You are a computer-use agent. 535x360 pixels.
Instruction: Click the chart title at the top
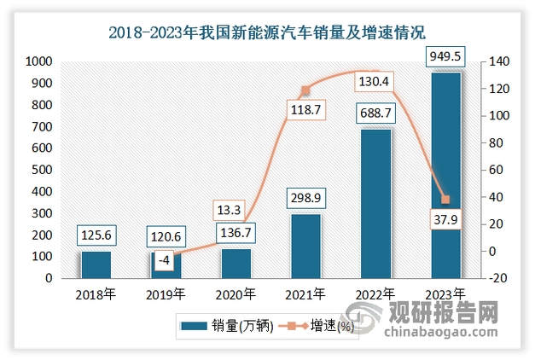pos(267,33)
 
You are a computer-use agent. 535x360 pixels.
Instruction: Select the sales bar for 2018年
pos(96,264)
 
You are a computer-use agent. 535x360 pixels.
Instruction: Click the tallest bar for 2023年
pos(445,175)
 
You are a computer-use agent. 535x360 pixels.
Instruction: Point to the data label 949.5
pos(445,58)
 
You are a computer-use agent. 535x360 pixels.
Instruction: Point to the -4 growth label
pos(166,260)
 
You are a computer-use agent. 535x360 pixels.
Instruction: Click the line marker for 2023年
pos(445,200)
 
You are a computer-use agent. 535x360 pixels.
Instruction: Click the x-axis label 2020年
pos(236,295)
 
